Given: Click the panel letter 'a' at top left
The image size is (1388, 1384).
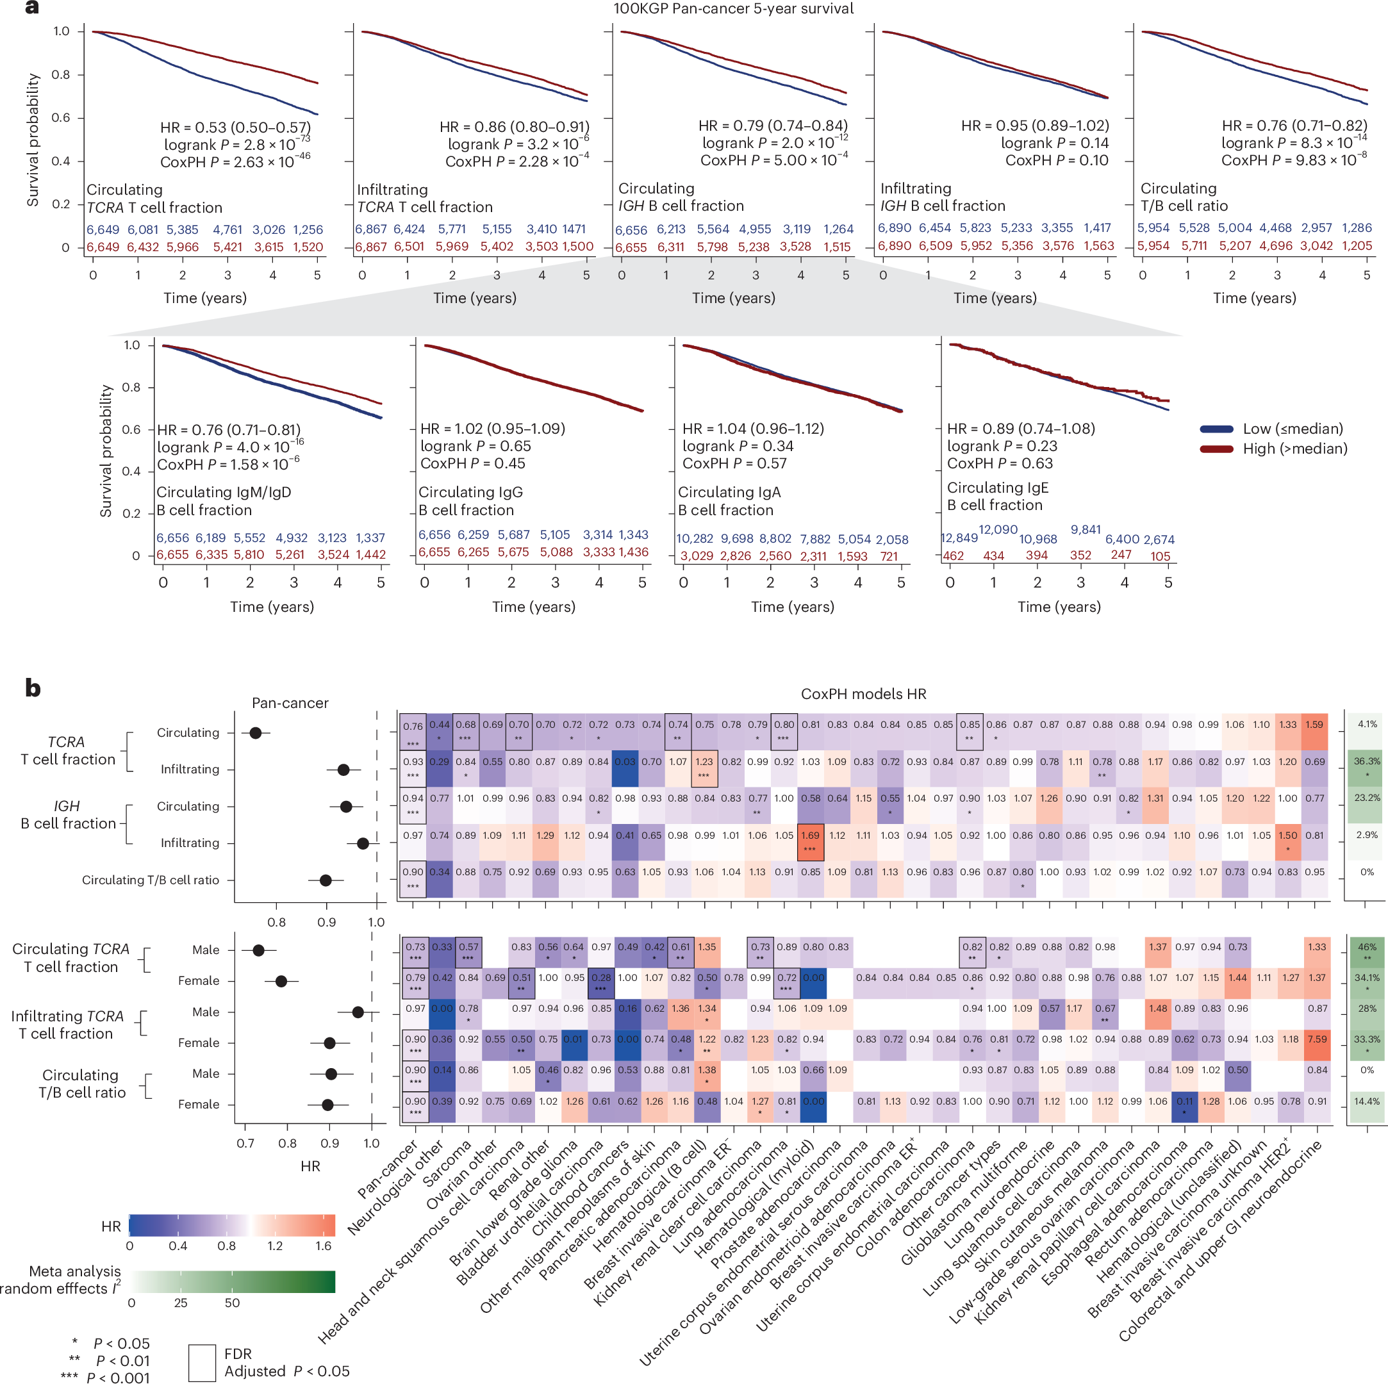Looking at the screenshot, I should click(31, 8).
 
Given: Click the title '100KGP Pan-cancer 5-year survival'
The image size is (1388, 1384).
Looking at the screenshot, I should click(733, 8).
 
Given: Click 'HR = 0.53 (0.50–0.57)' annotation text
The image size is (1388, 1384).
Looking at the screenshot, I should click(235, 127).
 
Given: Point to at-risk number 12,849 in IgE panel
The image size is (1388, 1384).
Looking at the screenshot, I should click(959, 538).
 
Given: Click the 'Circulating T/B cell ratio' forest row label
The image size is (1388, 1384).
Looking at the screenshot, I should click(150, 880).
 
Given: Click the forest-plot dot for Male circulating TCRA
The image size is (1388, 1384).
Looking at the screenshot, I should click(259, 950).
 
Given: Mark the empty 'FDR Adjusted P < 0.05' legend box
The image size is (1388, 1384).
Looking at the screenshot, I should click(202, 1362).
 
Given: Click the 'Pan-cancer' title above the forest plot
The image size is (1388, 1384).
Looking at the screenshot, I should click(290, 703).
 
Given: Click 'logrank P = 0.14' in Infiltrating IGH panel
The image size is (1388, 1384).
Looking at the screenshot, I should click(1054, 143).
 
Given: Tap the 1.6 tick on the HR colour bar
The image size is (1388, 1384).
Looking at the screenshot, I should click(324, 1246).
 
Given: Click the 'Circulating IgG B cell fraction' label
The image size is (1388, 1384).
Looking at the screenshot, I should click(470, 501).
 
